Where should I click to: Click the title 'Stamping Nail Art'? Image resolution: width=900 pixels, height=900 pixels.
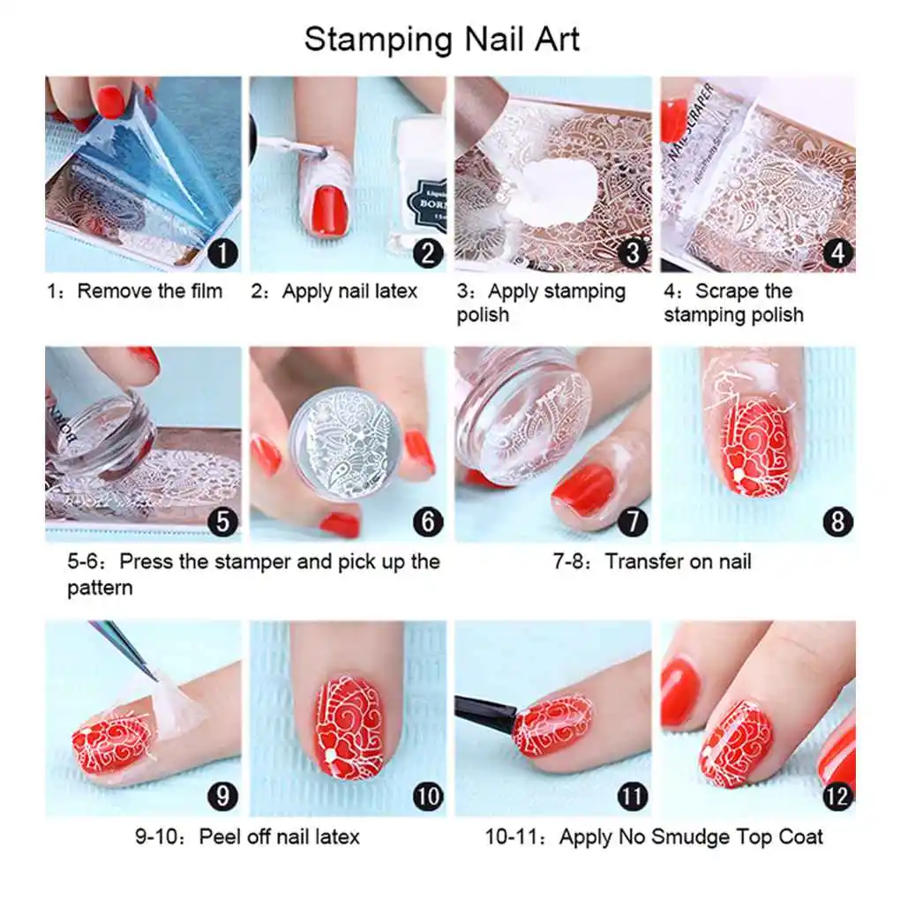pyautogui.click(x=442, y=40)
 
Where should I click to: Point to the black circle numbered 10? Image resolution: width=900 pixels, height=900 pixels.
pyautogui.click(x=427, y=796)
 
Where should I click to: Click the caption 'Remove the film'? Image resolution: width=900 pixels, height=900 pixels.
pyautogui.click(x=150, y=291)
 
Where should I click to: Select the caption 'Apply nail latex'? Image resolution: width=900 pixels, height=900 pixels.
pyautogui.click(x=349, y=291)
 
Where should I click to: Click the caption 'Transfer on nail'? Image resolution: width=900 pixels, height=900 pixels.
pyautogui.click(x=678, y=561)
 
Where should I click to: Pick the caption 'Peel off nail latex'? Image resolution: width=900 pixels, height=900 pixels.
pyautogui.click(x=279, y=836)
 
